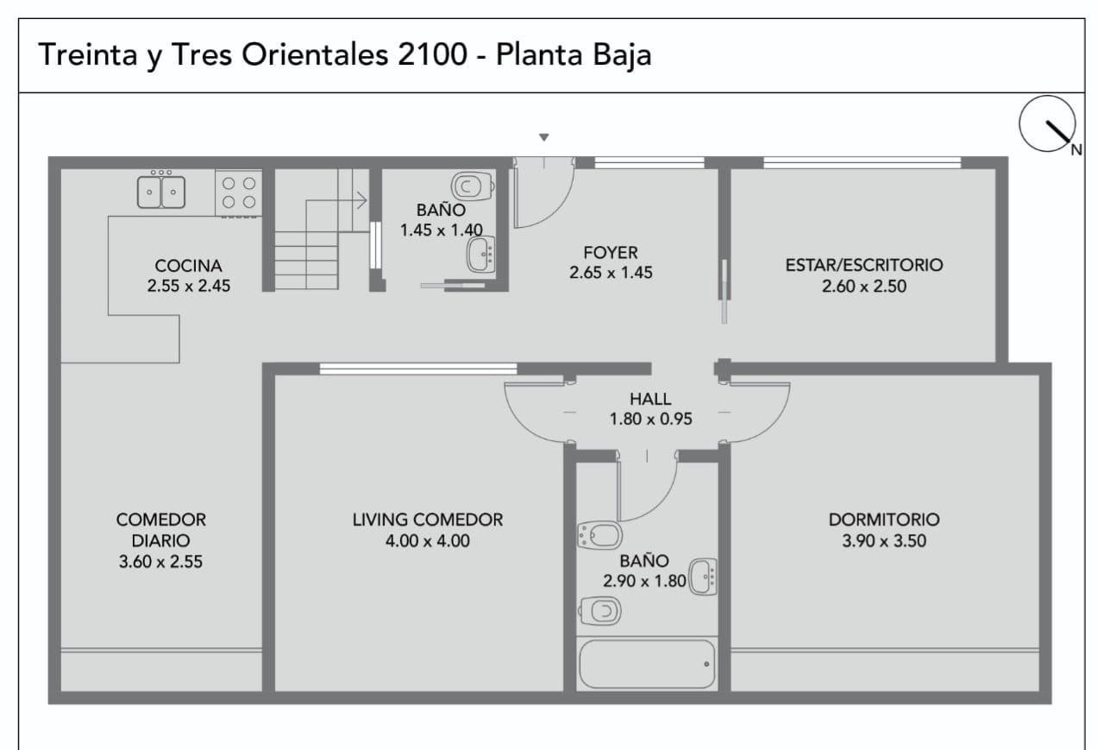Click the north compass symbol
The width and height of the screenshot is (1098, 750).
point(1047,124)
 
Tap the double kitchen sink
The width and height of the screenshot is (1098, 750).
point(161,191)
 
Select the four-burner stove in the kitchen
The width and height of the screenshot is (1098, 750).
point(239,192)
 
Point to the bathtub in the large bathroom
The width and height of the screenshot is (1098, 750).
point(647,665)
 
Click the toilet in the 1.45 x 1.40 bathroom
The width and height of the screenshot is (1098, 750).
point(472,186)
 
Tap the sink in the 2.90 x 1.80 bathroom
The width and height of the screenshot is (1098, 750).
point(703,577)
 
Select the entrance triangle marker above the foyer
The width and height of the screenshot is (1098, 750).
point(543,137)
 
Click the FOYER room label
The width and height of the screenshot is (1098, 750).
point(611,253)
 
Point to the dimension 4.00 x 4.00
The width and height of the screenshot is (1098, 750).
point(428,541)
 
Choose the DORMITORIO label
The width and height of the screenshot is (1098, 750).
point(884,520)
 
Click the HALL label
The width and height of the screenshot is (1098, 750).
point(650,399)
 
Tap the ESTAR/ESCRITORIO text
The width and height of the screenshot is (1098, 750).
point(864,265)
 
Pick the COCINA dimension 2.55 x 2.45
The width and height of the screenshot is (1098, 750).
point(189,286)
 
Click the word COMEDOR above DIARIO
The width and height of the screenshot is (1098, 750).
point(160,520)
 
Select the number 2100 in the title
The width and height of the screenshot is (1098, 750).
point(432,54)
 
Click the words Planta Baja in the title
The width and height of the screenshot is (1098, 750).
point(574,55)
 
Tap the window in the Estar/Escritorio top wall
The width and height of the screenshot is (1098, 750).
point(863,162)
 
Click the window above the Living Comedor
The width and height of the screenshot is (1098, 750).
point(418,369)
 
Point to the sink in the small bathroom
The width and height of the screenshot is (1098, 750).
point(481,255)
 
